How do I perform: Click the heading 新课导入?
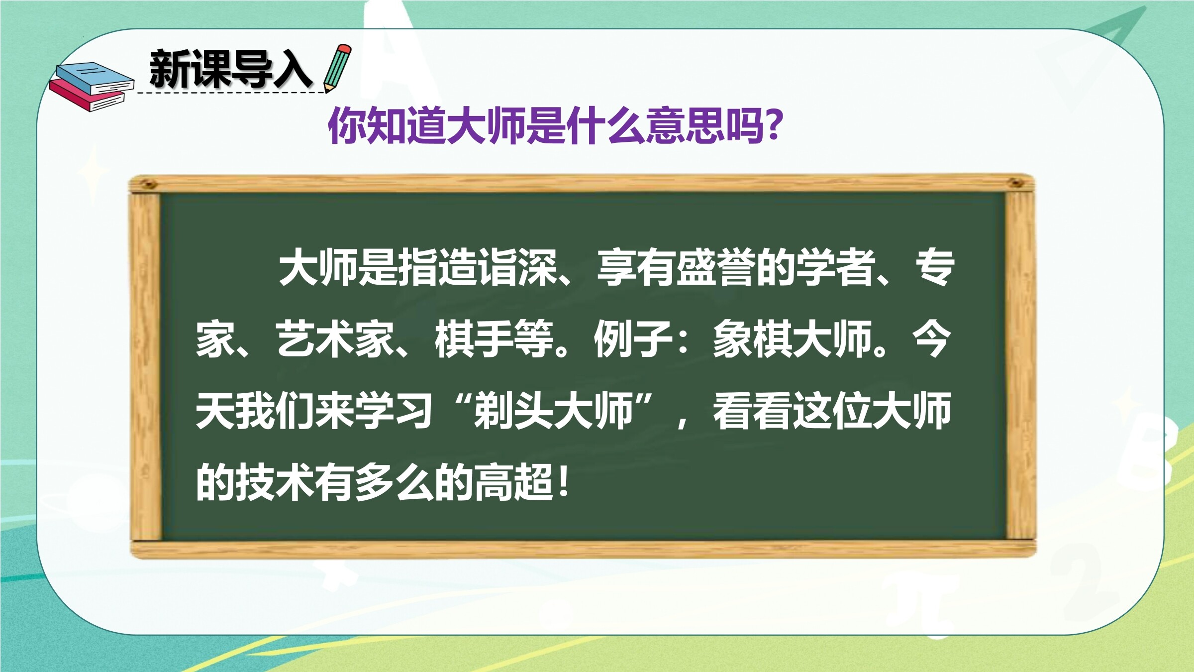[x=231, y=69]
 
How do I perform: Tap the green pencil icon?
[x=337, y=69]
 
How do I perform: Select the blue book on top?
[x=95, y=79]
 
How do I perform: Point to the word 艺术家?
[x=335, y=339]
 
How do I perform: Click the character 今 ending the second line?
[x=931, y=339]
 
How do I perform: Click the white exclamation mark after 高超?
[x=563, y=482]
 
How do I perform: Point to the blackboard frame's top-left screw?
[x=148, y=185]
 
